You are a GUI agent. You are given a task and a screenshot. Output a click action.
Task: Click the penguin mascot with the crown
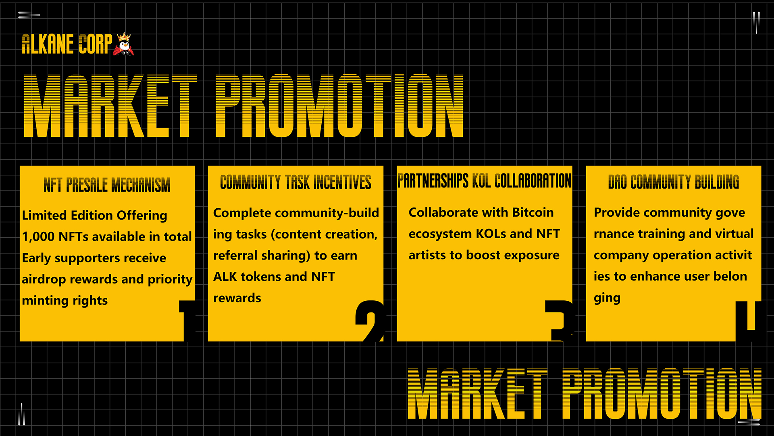[x=124, y=44]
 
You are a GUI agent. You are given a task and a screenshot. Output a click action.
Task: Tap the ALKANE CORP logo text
[x=67, y=44]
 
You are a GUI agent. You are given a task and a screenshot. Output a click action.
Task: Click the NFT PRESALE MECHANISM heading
[x=107, y=185]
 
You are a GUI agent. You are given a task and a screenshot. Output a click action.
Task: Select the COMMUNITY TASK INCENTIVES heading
[x=295, y=182]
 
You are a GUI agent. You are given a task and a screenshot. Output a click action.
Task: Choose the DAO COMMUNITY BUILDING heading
[x=674, y=182]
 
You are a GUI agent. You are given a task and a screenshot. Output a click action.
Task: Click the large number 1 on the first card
[x=187, y=321]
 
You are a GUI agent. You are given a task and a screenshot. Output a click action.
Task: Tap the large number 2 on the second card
[x=370, y=321]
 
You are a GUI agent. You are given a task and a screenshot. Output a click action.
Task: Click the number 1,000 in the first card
[x=38, y=237]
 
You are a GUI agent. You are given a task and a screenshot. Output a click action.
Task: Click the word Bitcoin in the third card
[x=533, y=212]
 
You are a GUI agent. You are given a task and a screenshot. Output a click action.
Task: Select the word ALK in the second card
[x=225, y=277]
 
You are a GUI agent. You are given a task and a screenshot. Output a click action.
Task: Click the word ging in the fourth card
[x=607, y=298]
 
